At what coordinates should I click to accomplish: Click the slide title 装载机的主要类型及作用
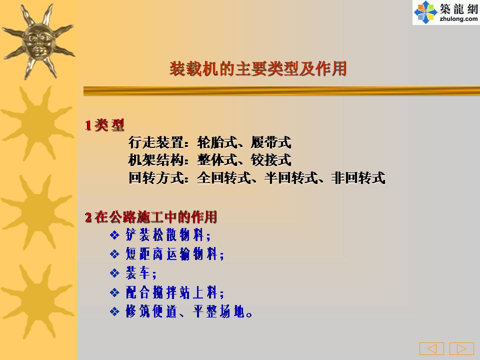(x=258, y=68)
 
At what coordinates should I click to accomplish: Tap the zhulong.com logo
(x=446, y=12)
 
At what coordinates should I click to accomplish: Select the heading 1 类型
(x=104, y=125)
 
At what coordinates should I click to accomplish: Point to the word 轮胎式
(x=217, y=142)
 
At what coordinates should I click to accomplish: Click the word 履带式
(x=271, y=142)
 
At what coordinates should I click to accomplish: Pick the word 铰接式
(x=271, y=160)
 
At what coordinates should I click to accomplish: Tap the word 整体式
(x=217, y=160)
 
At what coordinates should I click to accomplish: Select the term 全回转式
(x=224, y=177)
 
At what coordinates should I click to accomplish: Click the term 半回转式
(x=291, y=177)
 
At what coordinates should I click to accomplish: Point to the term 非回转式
(x=358, y=177)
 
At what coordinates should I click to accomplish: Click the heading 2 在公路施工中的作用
(x=151, y=217)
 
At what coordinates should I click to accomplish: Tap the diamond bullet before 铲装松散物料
(x=114, y=235)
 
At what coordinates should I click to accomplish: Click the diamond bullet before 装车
(x=114, y=273)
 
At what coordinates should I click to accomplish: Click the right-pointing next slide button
(x=461, y=348)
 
